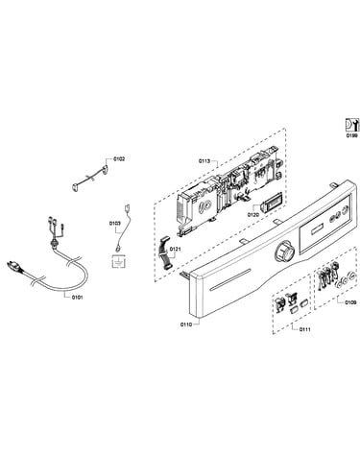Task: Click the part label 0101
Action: pos(77,298)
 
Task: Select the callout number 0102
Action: pos(119,158)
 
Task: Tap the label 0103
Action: pos(114,223)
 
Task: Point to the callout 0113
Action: pos(204,161)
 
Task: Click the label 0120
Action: pos(252,215)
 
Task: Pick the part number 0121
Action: pos(176,249)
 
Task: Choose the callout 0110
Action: pos(186,324)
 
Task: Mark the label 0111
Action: pos(305,329)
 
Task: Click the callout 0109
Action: pos(350,301)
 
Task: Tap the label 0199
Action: pos(352,135)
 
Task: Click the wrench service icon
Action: pos(352,125)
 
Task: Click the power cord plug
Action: pos(14,267)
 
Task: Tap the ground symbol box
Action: pos(119,262)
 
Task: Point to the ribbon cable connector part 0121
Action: pos(165,252)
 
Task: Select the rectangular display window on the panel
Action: pos(317,228)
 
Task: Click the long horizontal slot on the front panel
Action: pos(229,280)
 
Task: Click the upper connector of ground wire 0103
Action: pos(127,207)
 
